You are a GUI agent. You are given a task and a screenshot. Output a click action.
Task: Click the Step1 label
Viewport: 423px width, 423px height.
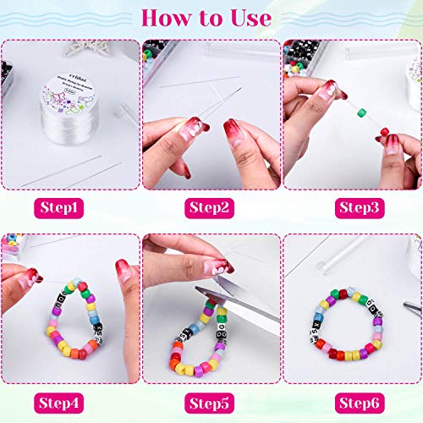click(70, 206)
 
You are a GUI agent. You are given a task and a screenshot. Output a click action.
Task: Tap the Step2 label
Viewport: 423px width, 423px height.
click(211, 206)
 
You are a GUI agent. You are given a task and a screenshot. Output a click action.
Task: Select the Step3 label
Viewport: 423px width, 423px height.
click(353, 206)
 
